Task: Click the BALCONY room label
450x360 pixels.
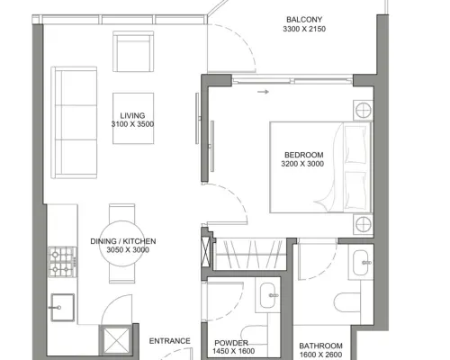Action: (x=304, y=20)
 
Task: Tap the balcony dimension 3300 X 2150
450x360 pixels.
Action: (x=304, y=29)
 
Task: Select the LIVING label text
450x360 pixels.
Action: (x=132, y=115)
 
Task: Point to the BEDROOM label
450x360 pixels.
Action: (x=304, y=155)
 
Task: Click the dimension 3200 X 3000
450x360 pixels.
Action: (x=302, y=164)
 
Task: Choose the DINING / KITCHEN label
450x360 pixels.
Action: (x=123, y=241)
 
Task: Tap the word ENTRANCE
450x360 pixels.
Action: (x=170, y=341)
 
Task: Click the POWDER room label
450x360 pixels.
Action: (x=231, y=343)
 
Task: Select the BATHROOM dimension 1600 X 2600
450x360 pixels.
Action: (x=320, y=355)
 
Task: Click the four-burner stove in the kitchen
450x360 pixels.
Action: (x=62, y=262)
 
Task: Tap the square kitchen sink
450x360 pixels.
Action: (x=62, y=308)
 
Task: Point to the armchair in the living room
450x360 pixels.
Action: (x=133, y=51)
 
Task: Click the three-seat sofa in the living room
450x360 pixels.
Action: (x=74, y=122)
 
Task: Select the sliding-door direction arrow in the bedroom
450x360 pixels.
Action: (x=263, y=92)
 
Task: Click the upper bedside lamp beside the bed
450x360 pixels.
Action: (x=364, y=111)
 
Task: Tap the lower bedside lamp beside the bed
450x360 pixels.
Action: (x=364, y=224)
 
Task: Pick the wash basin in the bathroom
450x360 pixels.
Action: (x=361, y=263)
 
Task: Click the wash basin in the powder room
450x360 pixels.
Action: (x=267, y=295)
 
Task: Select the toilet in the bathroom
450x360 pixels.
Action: (x=347, y=302)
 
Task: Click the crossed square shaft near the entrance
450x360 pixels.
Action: (x=116, y=340)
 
